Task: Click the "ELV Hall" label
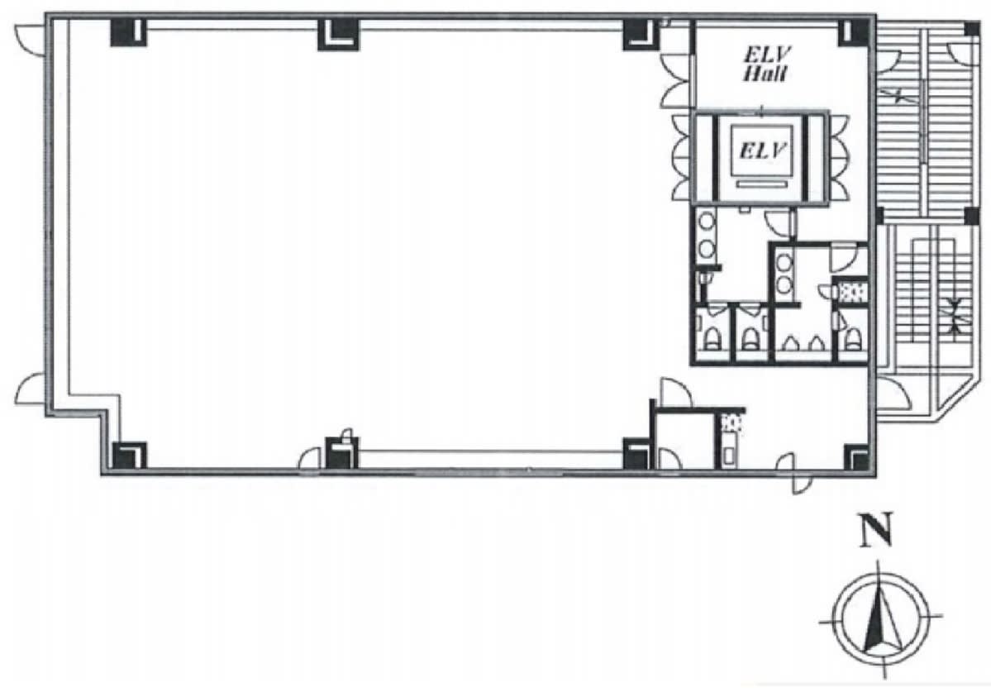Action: click(765, 64)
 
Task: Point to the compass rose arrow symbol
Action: click(879, 616)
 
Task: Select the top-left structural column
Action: click(128, 33)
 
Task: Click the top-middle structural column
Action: click(337, 34)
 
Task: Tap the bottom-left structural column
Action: click(129, 455)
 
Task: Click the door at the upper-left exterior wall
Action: click(30, 39)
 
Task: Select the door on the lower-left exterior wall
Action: click(30, 390)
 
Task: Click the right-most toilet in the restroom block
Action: click(853, 339)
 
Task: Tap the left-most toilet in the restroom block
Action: click(712, 337)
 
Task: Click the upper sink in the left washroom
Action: click(707, 222)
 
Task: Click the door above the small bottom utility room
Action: click(675, 393)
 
